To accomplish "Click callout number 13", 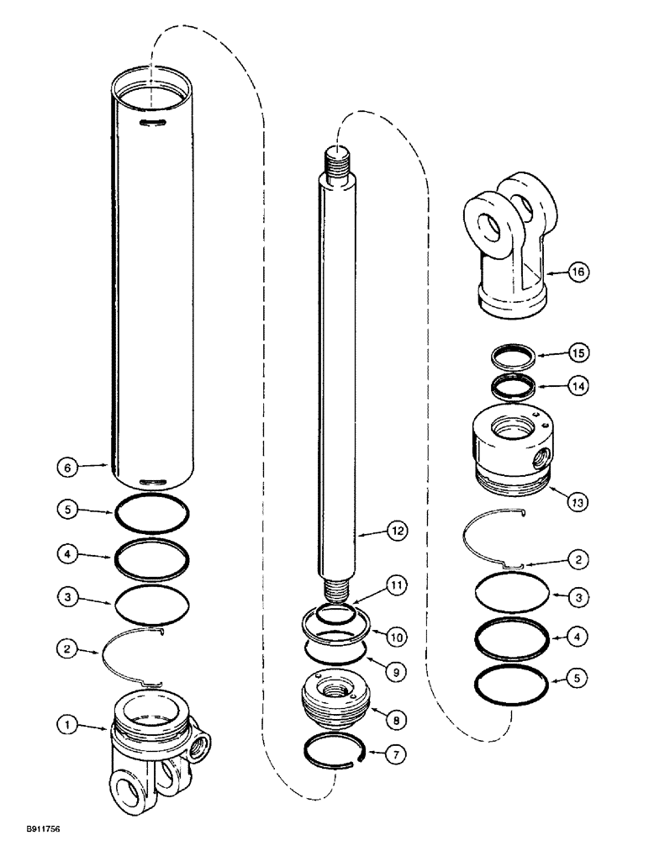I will (x=578, y=503).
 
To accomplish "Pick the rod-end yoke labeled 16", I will (x=513, y=252).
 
